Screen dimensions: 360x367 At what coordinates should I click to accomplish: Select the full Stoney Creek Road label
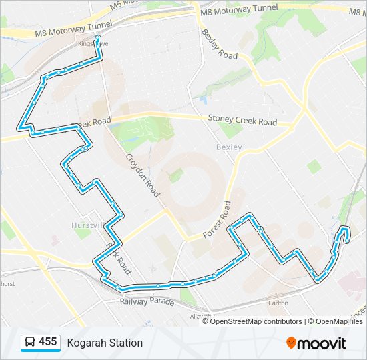click(x=242, y=121)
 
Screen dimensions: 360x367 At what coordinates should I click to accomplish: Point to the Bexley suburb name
click(x=229, y=147)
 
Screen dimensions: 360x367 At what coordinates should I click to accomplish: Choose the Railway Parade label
click(x=147, y=302)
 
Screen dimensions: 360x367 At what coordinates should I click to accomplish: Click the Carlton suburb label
click(x=278, y=303)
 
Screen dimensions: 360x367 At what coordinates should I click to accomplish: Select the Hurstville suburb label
click(x=87, y=225)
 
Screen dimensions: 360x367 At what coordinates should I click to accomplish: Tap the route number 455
click(x=48, y=342)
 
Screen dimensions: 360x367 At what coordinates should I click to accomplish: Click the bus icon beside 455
click(x=30, y=343)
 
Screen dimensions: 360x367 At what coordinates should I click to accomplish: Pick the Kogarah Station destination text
click(x=105, y=343)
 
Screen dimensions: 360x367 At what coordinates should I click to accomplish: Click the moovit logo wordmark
click(x=322, y=343)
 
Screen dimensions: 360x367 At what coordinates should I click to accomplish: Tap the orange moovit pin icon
click(x=292, y=343)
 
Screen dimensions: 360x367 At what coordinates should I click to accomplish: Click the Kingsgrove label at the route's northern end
click(x=91, y=44)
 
